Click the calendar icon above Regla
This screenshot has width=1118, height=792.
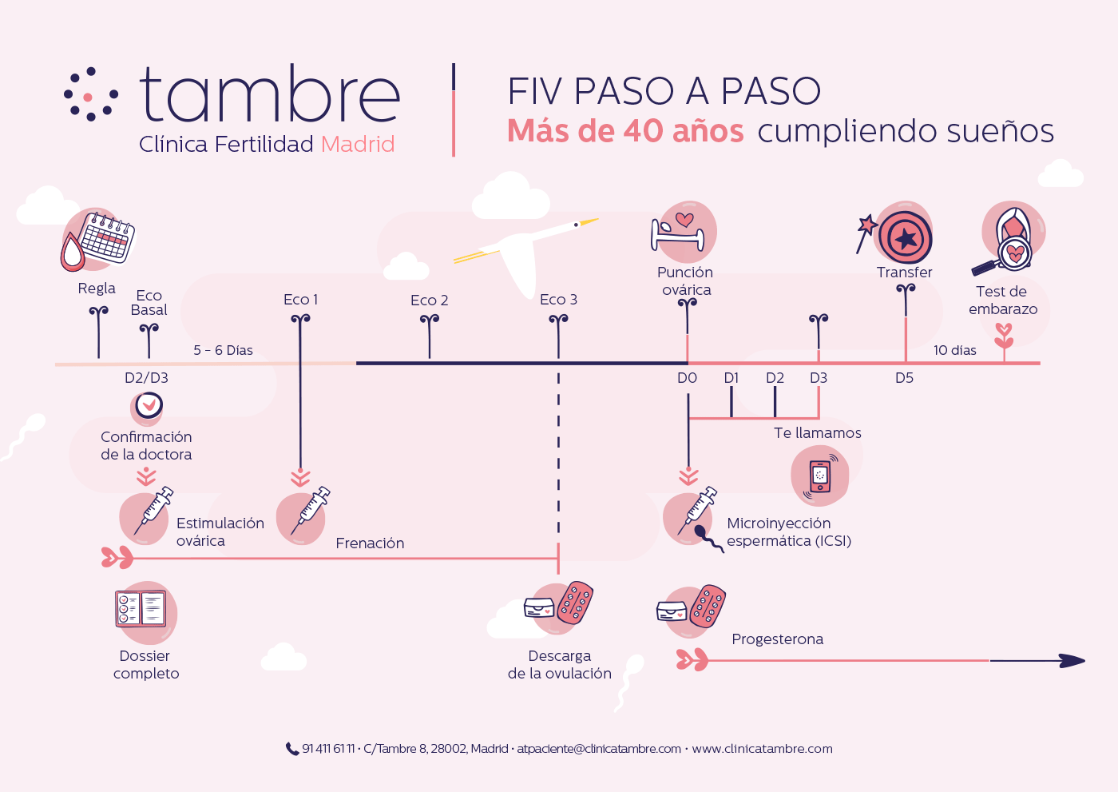pyautogui.click(x=107, y=237)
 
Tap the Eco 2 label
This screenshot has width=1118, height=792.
pyautogui.click(x=430, y=300)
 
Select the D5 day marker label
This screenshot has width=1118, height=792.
pyautogui.click(x=904, y=378)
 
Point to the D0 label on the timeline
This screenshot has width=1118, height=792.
pyautogui.click(x=687, y=378)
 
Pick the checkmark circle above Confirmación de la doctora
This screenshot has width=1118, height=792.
pyautogui.click(x=149, y=404)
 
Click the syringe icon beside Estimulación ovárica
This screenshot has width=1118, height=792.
pyautogui.click(x=153, y=511)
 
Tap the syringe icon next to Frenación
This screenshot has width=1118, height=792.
pyautogui.click(x=311, y=511)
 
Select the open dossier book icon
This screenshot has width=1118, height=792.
pyautogui.click(x=141, y=608)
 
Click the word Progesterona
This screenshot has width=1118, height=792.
pyautogui.click(x=777, y=639)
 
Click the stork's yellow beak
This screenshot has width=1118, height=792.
pyautogui.click(x=589, y=221)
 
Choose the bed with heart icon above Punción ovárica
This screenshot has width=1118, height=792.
pyautogui.click(x=678, y=233)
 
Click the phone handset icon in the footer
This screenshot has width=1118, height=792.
pyautogui.click(x=292, y=749)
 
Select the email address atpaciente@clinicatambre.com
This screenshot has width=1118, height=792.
pyautogui.click(x=599, y=749)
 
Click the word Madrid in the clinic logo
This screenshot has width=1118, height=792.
pyautogui.click(x=358, y=145)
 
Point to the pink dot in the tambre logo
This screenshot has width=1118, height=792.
pyautogui.click(x=88, y=97)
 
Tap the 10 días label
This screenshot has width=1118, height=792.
pyautogui.click(x=955, y=350)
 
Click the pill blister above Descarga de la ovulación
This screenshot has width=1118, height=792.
pyautogui.click(x=575, y=603)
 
